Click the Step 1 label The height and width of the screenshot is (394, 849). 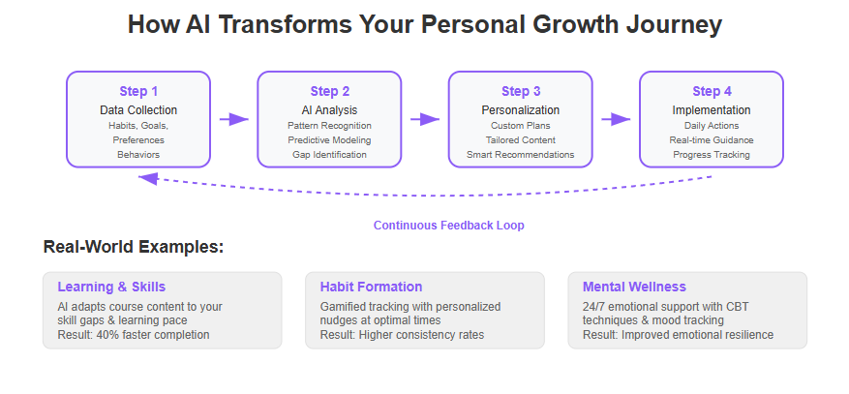coord(138,91)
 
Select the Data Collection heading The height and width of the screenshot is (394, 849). coord(138,110)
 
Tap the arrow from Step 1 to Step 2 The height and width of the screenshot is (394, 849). coord(234,120)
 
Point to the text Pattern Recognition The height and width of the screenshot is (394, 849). coord(329,126)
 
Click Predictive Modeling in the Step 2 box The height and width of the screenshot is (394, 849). coord(329,140)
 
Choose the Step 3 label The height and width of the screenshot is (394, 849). coord(520,91)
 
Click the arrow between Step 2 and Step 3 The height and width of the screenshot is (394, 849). coord(425,120)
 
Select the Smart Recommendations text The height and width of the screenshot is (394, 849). coord(520,155)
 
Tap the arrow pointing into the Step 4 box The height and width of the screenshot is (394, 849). coord(616,120)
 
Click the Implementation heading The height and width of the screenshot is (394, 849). coord(712,110)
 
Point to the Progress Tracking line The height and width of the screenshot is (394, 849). coord(712,155)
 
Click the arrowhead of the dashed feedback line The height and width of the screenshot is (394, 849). coord(147,178)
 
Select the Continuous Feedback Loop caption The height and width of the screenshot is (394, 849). coord(449,226)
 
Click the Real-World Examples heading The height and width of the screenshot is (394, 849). coord(134,247)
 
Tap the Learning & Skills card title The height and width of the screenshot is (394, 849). coord(111,287)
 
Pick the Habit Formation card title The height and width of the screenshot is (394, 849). coord(371,287)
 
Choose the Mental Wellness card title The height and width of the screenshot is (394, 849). coord(634,287)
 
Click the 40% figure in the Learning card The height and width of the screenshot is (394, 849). coord(107,335)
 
